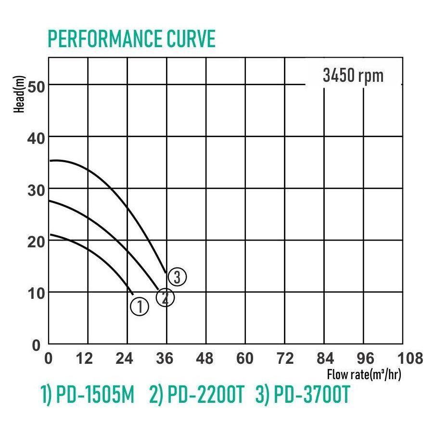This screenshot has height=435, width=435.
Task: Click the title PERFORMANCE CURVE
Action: pos(131,39)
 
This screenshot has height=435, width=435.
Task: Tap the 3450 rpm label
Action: pos(353,76)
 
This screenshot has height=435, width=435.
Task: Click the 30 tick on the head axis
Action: pos(36,190)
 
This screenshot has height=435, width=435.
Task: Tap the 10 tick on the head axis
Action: pos(36,293)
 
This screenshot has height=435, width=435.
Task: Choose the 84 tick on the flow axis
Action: pos(324,358)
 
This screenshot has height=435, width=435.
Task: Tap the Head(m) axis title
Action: pos(20,94)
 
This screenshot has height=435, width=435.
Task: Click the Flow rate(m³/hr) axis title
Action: pos(364,374)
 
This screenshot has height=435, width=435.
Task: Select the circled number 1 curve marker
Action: pos(139,306)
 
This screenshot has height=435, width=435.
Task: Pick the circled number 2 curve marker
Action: pos(165,297)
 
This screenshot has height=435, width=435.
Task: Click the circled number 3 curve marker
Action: pos(177,277)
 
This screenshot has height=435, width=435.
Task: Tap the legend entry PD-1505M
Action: pos(87,396)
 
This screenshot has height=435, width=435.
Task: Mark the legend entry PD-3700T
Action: pos(302,396)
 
